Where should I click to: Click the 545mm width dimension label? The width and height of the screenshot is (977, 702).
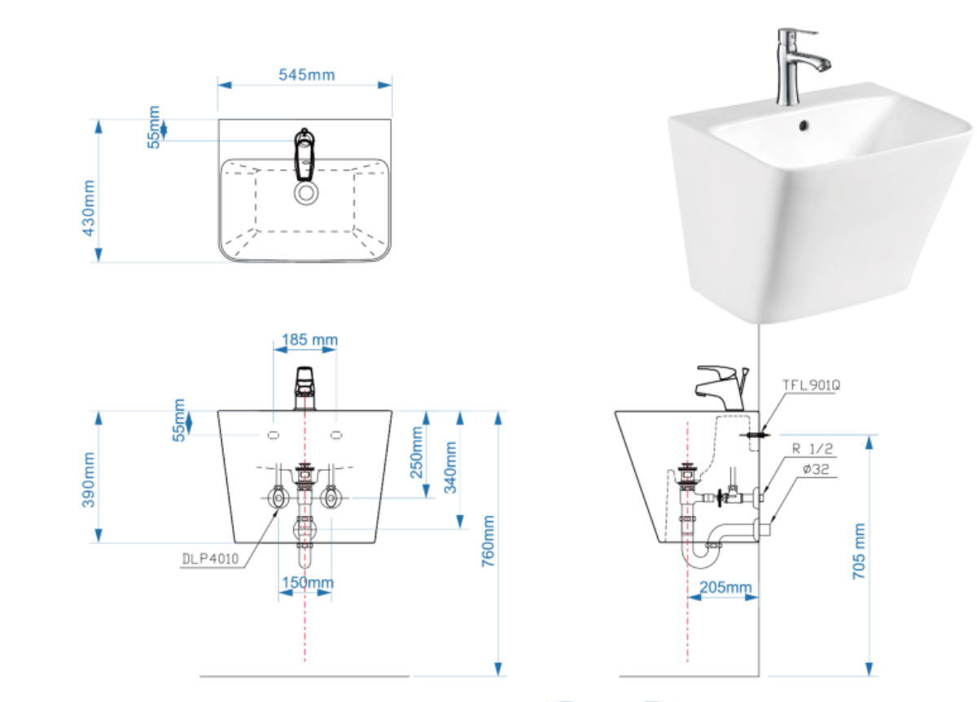[307, 75]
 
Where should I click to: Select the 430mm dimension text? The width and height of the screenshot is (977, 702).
[89, 208]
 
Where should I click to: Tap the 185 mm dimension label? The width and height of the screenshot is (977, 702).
[309, 340]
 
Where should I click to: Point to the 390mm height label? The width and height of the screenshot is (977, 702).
[89, 480]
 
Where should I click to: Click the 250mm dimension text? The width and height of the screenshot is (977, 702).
[417, 453]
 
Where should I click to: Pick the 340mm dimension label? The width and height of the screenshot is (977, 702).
[450, 467]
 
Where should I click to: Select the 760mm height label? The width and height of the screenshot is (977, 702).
[488, 541]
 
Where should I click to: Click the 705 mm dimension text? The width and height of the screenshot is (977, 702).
[859, 551]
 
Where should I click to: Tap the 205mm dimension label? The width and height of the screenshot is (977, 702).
[725, 587]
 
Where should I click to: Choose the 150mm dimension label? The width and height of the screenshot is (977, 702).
[308, 582]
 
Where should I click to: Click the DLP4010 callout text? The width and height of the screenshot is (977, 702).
[210, 559]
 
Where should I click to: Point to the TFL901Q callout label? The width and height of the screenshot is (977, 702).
[811, 385]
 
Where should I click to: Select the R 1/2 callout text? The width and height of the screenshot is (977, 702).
[813, 449]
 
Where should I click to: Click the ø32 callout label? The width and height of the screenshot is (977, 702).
[816, 469]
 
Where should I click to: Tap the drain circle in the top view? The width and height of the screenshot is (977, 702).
[306, 193]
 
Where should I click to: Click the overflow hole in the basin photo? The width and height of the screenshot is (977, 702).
[804, 125]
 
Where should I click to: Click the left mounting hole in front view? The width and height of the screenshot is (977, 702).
[274, 435]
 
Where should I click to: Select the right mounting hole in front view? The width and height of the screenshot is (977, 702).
[336, 435]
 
